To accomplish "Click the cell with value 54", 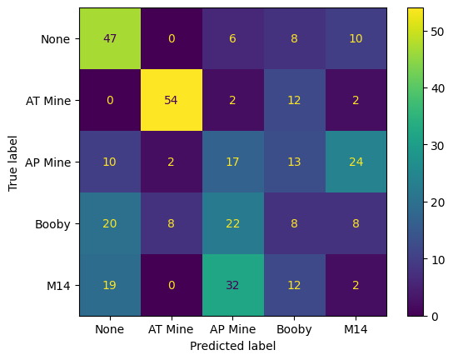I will click(171, 100).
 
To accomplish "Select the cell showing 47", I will click(110, 38).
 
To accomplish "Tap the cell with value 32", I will click(232, 285).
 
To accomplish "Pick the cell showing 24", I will click(356, 162).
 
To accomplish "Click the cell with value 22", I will click(232, 223).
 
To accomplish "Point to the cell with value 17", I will click(232, 162).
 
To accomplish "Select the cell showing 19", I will click(110, 285).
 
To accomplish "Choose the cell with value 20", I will click(110, 223).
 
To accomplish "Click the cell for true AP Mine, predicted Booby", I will click(294, 162).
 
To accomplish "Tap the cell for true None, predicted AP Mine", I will click(232, 38).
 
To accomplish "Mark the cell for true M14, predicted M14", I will click(356, 285).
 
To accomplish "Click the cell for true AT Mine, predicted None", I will click(110, 100).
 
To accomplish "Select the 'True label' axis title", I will click(12, 162).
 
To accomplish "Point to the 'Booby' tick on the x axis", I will click(294, 329).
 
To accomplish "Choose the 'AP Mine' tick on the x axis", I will click(232, 329).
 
